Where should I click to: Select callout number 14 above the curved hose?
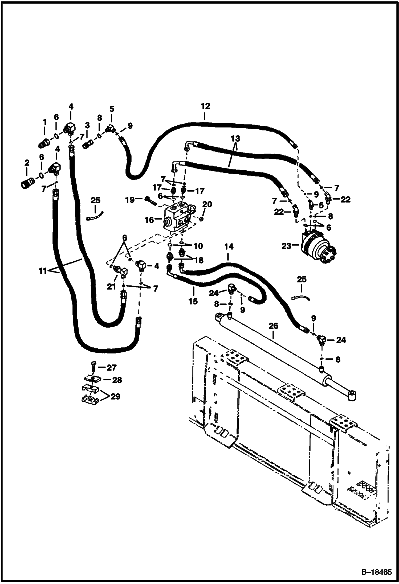point(229,247)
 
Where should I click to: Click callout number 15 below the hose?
point(193,302)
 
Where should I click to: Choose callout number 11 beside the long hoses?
point(43,271)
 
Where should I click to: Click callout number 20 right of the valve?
point(207,204)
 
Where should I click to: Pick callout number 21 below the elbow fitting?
point(111,286)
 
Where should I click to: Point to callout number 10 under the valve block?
point(198,246)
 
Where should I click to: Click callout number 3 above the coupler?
point(87,125)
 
